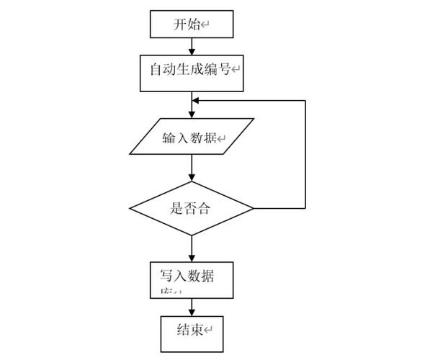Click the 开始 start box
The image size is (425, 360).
pos(192,24)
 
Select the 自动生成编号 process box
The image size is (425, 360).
pos(192,71)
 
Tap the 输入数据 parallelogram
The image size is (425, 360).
pos(192,137)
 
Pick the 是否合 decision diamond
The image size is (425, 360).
pos(192,209)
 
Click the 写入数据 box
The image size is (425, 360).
pos(192,279)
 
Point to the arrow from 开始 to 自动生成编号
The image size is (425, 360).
pos(192,47)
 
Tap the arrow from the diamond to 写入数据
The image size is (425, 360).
pos(192,248)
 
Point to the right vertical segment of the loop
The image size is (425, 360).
pos(305,155)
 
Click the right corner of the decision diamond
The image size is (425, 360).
pos(252,209)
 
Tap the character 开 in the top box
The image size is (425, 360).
pos(179,25)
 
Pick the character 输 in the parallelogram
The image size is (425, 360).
pos(169,138)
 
